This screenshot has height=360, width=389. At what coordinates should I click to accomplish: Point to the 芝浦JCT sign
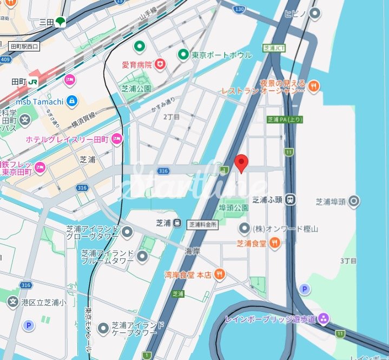274,48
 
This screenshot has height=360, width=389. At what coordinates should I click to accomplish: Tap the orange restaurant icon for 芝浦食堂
275,244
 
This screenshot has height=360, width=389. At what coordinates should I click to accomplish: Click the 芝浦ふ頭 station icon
291,200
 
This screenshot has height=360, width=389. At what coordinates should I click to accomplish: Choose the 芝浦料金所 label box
203,224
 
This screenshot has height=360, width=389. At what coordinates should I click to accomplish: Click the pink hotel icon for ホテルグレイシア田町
117,140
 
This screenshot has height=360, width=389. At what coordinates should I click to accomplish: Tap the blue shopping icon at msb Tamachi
72,101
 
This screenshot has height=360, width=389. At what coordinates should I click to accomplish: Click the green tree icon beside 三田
60,22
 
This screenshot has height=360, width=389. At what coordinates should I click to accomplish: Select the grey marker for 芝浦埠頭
354,202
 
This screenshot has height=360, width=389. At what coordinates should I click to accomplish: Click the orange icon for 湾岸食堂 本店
220,274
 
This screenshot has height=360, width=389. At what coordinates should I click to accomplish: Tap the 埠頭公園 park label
233,208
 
